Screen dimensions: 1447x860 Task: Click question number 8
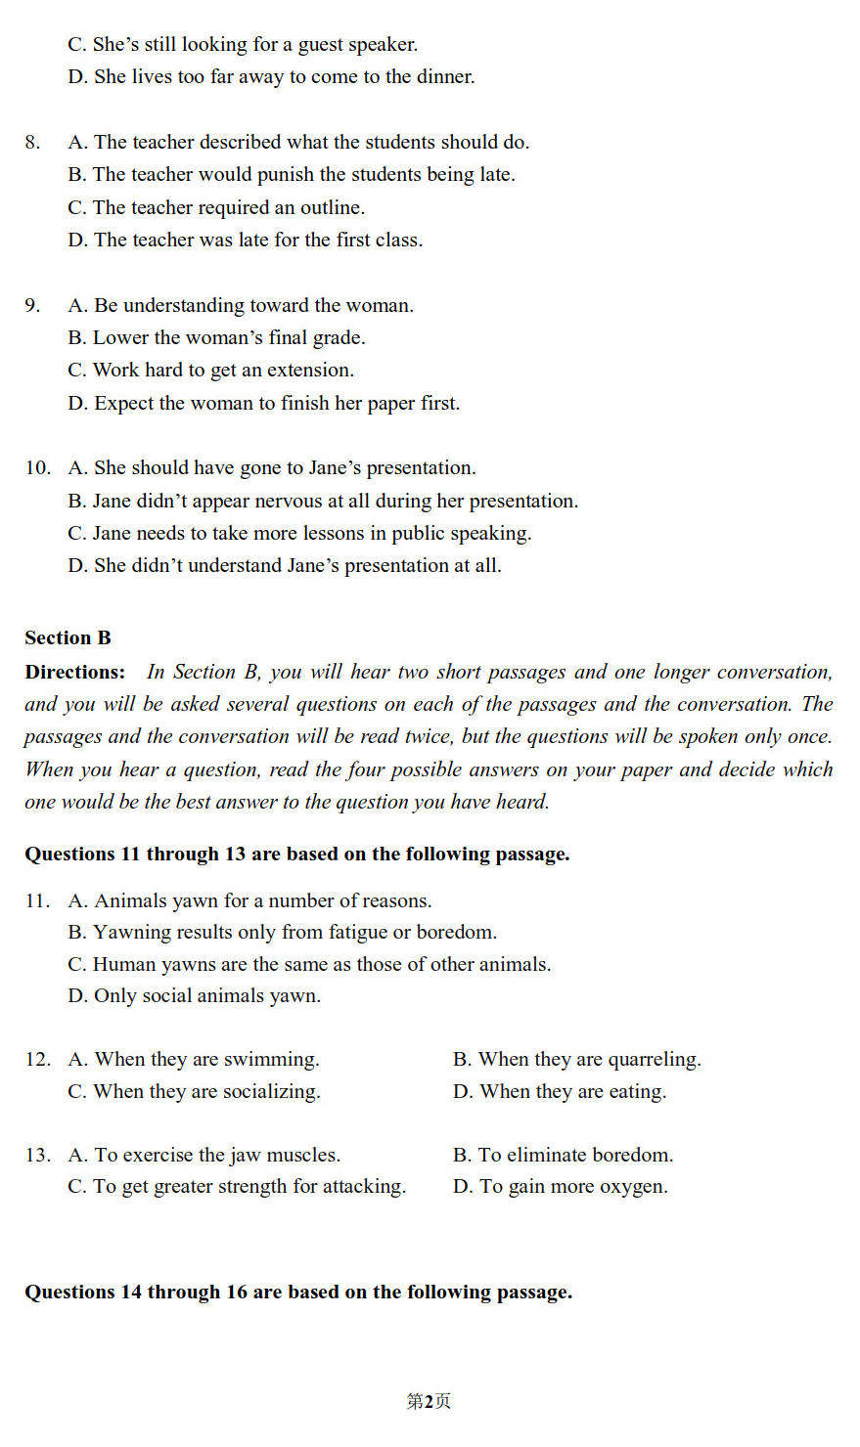pos(33,143)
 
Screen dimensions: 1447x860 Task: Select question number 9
pos(33,306)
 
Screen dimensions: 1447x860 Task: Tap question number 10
pos(38,468)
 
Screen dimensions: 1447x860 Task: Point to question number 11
pos(38,901)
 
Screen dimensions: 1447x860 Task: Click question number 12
pos(38,1060)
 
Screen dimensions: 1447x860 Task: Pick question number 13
pos(38,1156)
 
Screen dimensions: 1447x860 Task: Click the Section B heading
pos(68,638)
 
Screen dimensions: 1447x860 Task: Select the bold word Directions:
pos(75,673)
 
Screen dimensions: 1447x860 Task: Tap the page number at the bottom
pos(429,1401)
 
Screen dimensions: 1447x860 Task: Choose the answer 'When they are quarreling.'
pos(577,1060)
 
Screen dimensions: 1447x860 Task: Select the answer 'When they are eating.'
pos(560,1092)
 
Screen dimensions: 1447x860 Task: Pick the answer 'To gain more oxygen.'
pos(561,1187)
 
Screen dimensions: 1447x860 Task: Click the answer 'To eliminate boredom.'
pos(564,1156)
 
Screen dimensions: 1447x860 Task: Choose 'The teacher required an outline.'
pos(216,208)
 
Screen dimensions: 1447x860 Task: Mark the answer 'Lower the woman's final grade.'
pos(216,338)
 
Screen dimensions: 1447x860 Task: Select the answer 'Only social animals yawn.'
pos(195,996)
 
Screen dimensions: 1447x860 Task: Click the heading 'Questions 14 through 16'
pos(298,1293)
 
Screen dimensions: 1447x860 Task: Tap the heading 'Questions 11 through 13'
pos(297,855)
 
